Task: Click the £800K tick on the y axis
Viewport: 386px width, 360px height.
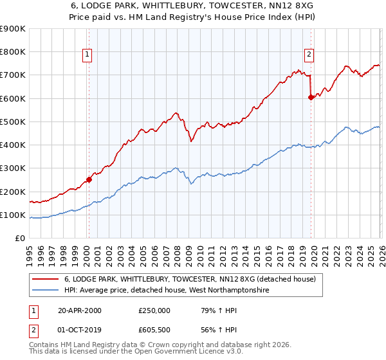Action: pyautogui.click(x=13, y=52)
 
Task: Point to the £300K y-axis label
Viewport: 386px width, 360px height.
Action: pyautogui.click(x=13, y=168)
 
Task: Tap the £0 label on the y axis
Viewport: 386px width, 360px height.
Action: pyautogui.click(x=20, y=239)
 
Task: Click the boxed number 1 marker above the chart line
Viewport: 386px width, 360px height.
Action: pyautogui.click(x=87, y=55)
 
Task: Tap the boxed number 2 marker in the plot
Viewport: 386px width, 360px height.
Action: pyautogui.click(x=309, y=55)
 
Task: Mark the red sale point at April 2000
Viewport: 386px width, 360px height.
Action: pyautogui.click(x=89, y=180)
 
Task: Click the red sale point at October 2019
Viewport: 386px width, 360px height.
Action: pyautogui.click(x=311, y=97)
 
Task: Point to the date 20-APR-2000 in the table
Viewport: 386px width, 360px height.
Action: pyautogui.click(x=80, y=310)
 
